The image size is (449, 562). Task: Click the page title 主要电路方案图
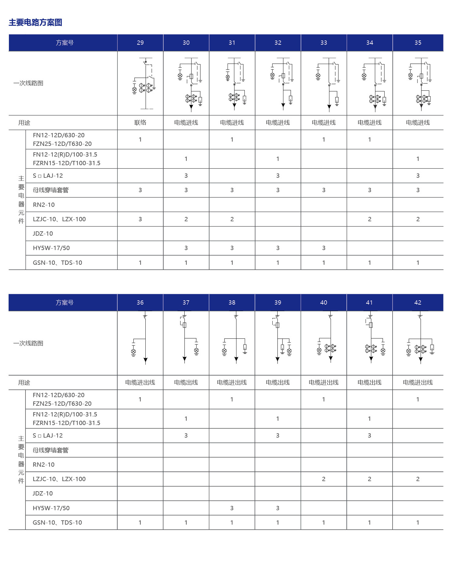coord(35,22)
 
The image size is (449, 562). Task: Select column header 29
coord(140,43)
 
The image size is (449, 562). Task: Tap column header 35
coord(418,43)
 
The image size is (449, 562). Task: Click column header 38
coord(232,302)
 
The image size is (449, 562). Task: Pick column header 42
coord(418,302)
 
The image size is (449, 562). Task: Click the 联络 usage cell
coord(140,123)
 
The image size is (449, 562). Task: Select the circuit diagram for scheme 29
coord(144,83)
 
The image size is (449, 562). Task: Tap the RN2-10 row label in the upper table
coord(44,205)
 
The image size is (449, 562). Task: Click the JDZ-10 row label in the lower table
coord(43,493)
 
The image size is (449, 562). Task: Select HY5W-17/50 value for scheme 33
coord(324,248)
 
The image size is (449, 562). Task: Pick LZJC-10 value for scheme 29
coord(140,219)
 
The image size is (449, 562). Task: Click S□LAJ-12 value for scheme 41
coord(369,435)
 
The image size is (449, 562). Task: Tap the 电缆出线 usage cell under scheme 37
coord(186,382)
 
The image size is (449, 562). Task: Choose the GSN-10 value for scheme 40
coord(324,522)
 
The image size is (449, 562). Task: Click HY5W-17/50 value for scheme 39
coord(278,508)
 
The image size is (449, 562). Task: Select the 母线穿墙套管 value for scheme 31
coord(232,190)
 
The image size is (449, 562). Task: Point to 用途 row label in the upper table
coord(24,123)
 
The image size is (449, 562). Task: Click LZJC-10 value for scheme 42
coord(418,479)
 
